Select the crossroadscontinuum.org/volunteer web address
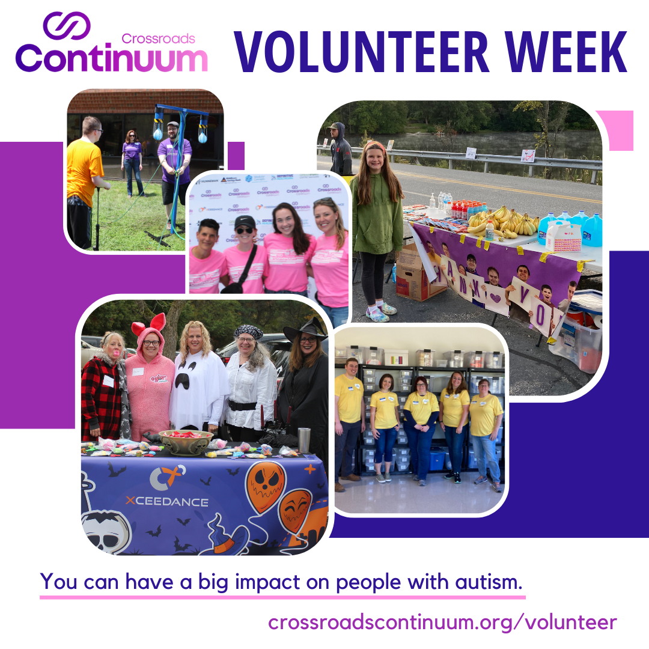pyautogui.click(x=442, y=622)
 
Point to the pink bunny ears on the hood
pyautogui.click(x=148, y=325)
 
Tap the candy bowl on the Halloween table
pyautogui.click(x=186, y=441)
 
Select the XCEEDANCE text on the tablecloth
pyautogui.click(x=167, y=502)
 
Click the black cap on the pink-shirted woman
pyautogui.click(x=245, y=221)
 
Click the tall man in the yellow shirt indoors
pyautogui.click(x=348, y=421)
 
